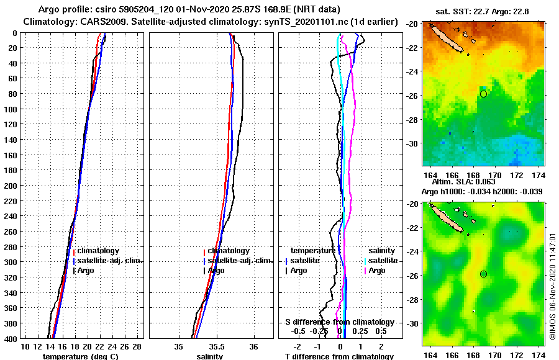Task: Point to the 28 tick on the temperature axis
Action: click(137, 346)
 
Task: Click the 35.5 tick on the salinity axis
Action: click(216, 346)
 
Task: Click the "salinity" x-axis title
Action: click(209, 356)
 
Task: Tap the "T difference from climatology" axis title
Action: click(339, 356)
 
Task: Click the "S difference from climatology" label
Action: click(340, 322)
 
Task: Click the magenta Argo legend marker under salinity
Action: click(365, 271)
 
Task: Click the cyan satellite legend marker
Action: click(365, 261)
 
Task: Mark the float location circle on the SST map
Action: click(483, 94)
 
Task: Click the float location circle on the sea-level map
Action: click(483, 274)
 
